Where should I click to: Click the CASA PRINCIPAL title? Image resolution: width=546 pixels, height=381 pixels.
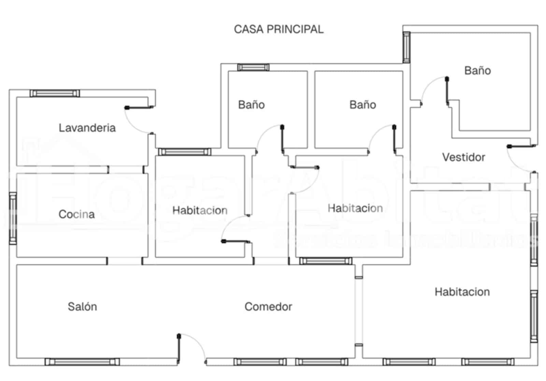point(278,29)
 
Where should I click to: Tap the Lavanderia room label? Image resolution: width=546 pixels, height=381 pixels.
point(87,128)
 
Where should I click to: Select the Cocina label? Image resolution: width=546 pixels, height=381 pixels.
point(76,214)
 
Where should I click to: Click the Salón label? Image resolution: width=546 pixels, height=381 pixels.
point(82,307)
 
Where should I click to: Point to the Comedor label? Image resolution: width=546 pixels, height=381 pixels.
point(268,307)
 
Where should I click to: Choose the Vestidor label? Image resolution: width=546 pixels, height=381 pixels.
point(463,157)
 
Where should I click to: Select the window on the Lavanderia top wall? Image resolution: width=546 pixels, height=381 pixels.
point(55,93)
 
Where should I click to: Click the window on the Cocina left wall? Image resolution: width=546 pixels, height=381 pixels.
point(13,218)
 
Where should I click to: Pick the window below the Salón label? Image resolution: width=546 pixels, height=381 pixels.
point(82,362)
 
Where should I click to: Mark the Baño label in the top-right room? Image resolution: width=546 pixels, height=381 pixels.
point(477,71)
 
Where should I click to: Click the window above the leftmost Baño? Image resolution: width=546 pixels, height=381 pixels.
point(253,67)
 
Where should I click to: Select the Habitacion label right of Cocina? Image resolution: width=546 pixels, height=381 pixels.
point(200,210)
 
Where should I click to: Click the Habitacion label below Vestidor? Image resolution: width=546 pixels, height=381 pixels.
point(462,292)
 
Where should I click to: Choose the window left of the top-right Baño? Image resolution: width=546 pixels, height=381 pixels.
point(406,47)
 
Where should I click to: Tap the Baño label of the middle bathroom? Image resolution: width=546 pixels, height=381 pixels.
point(362,105)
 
